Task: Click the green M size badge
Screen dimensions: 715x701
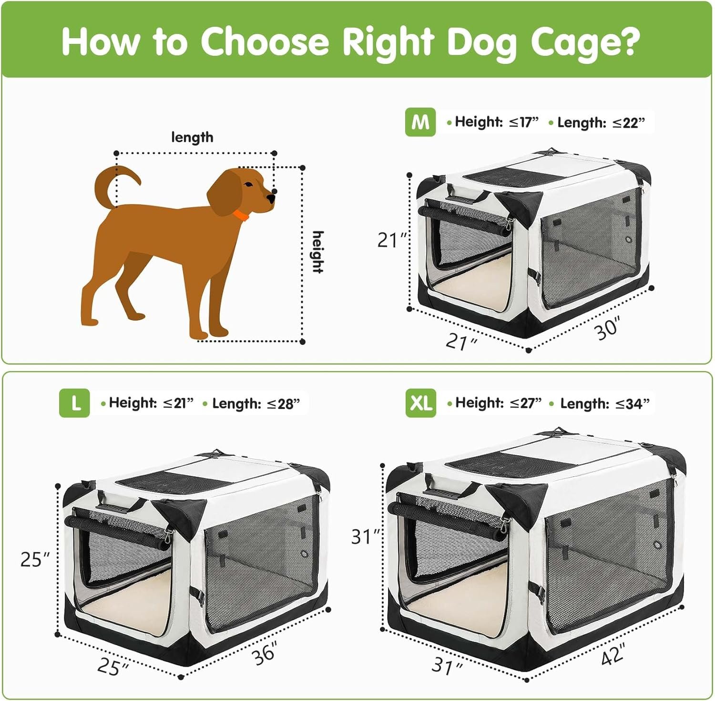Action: tap(420, 123)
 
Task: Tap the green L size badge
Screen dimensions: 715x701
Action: tap(74, 403)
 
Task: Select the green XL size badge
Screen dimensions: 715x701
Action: tap(421, 403)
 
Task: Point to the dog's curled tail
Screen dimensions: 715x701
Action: tap(114, 184)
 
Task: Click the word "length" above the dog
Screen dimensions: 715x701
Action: tap(192, 137)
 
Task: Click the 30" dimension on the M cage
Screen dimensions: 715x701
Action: tap(608, 328)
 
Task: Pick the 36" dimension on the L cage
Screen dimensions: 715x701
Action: tap(265, 653)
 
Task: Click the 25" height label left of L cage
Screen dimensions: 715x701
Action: tap(35, 559)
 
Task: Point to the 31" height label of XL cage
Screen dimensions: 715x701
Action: tap(365, 537)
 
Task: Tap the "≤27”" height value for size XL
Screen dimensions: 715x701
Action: tap(526, 403)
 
